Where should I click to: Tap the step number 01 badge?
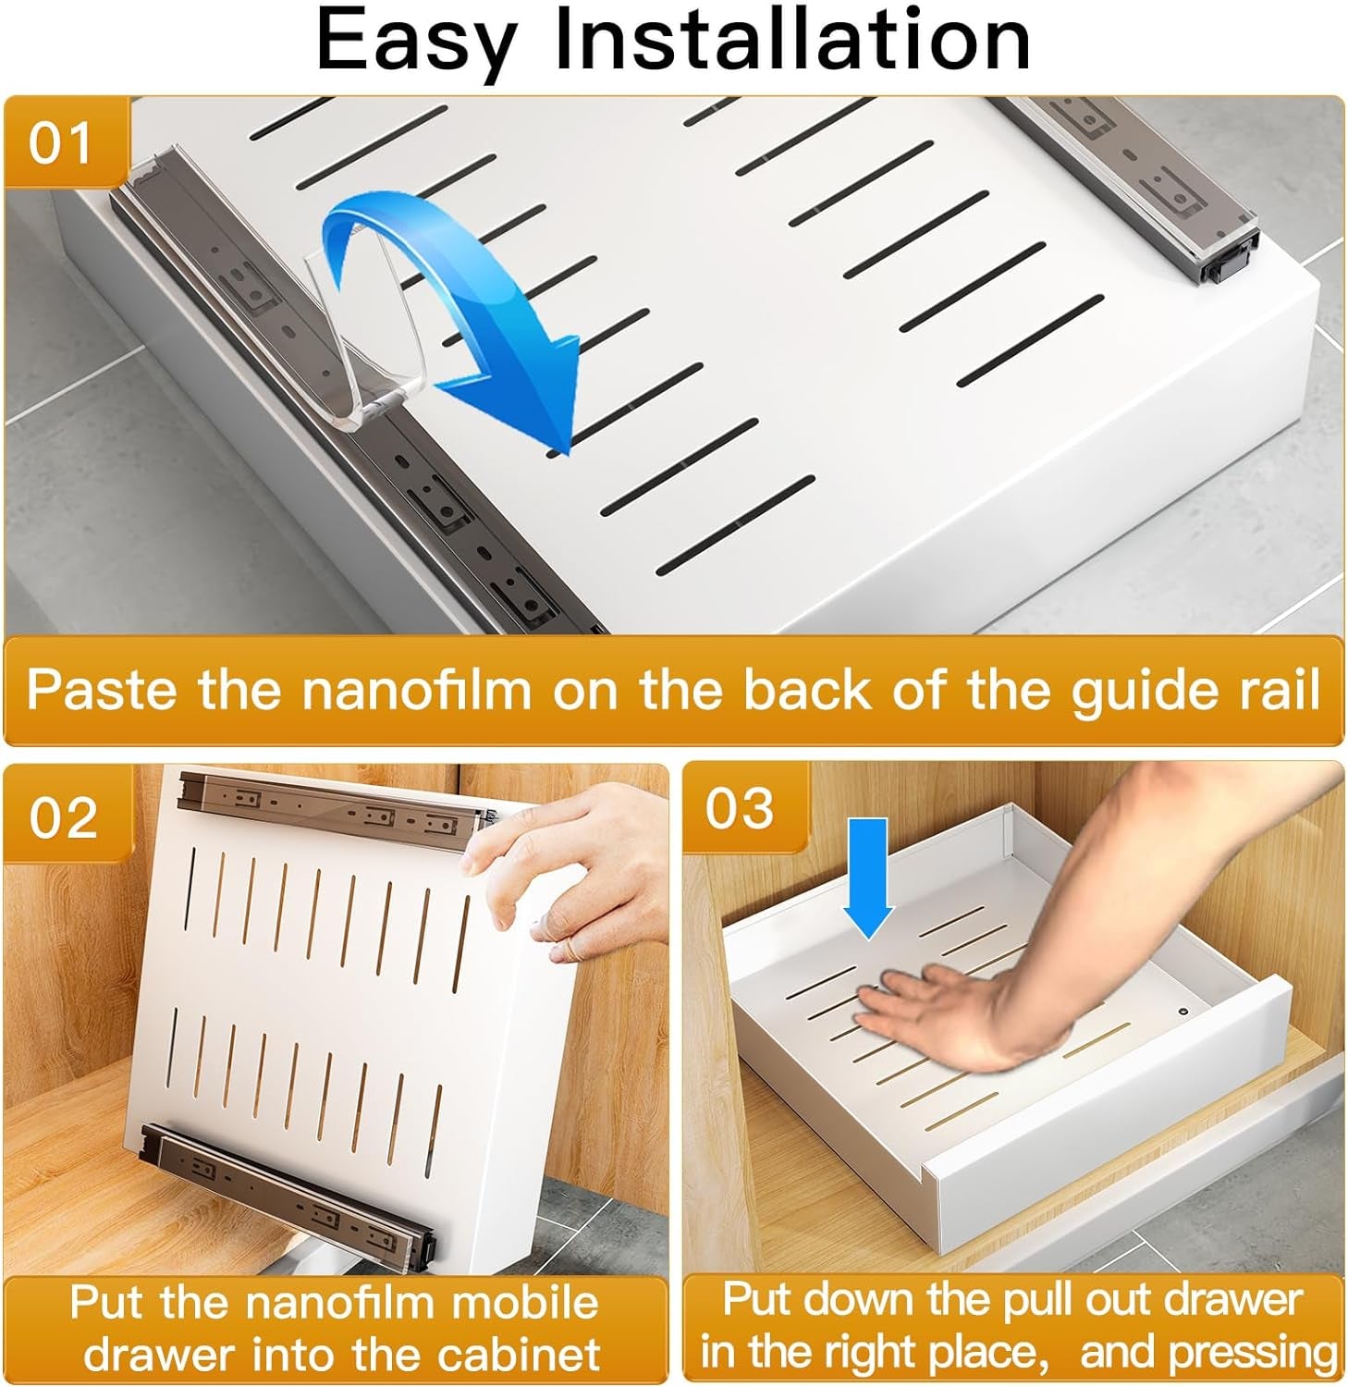[x=61, y=144]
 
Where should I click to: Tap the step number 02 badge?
[x=63, y=817]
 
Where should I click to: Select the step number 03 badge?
[x=740, y=808]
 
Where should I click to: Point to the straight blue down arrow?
[x=868, y=878]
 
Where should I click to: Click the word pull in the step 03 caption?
[x=1030, y=1300]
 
